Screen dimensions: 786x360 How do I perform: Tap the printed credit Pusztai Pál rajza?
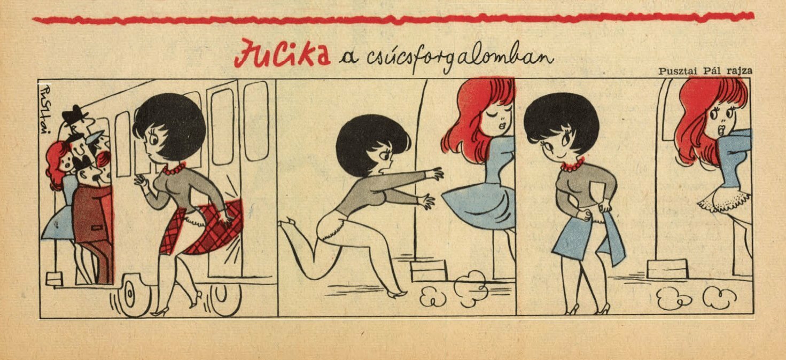point(705,71)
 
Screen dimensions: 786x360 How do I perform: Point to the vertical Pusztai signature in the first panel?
point(44,110)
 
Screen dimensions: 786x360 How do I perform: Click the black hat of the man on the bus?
point(74,114)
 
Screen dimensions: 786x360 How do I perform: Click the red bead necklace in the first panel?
point(174,168)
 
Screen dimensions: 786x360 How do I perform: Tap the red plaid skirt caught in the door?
point(204,228)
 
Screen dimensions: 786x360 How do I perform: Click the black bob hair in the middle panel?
point(371,143)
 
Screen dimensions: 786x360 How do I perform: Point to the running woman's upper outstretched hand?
point(435,174)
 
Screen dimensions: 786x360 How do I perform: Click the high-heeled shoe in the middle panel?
point(396,293)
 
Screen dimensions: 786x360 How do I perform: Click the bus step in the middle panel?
point(429,270)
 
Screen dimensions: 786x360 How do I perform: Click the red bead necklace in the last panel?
point(572,165)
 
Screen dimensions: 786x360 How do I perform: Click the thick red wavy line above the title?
point(393,18)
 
